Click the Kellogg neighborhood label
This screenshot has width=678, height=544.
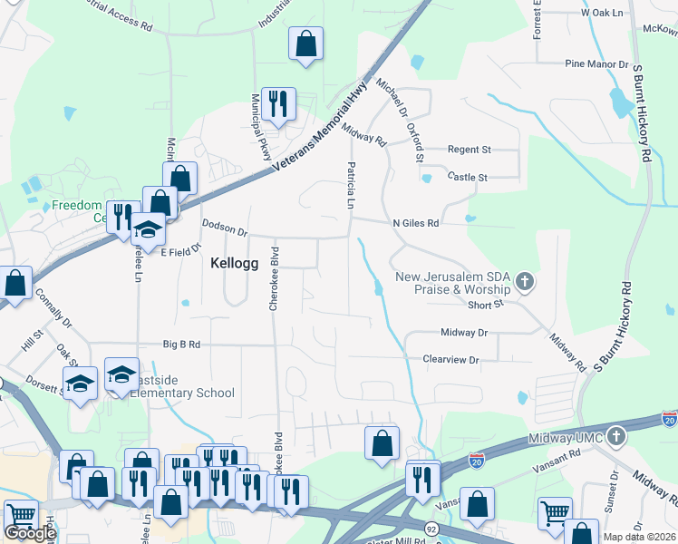point(235,264)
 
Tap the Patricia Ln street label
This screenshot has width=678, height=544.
point(349,185)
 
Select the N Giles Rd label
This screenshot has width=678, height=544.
point(415,222)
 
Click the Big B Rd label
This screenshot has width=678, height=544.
point(181,345)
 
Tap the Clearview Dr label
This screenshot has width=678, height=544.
point(450,360)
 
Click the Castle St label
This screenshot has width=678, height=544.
point(470,177)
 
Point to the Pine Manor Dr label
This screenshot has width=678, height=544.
point(596,64)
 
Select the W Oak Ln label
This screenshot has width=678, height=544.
point(603,14)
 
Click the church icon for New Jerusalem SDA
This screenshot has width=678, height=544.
point(524,282)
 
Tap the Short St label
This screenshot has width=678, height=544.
point(486,305)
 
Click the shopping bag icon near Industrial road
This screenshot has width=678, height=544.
point(305,44)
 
